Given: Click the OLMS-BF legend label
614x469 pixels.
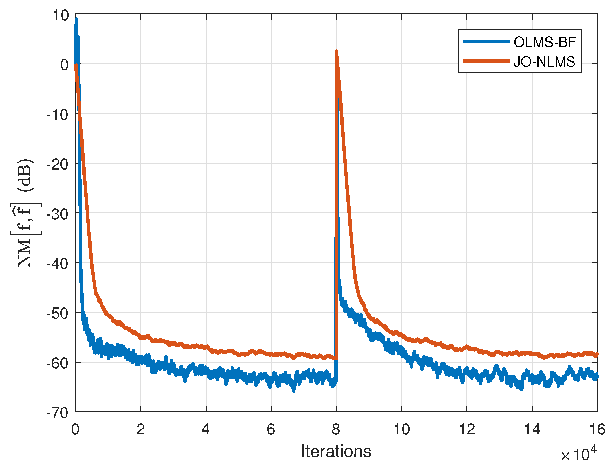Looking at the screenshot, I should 544,42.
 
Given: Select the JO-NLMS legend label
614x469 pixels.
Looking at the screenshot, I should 544,62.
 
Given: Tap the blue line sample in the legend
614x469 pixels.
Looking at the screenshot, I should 486,41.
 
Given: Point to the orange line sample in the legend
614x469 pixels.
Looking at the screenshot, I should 486,61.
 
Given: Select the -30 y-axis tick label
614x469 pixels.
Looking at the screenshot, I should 57,214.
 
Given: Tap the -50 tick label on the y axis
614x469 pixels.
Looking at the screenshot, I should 57,314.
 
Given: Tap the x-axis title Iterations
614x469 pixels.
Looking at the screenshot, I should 336,451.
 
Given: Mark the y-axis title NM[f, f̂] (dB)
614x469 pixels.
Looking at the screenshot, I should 25,213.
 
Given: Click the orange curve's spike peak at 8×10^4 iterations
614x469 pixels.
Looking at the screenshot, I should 336,51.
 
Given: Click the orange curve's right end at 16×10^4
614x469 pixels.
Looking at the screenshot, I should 597,355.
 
